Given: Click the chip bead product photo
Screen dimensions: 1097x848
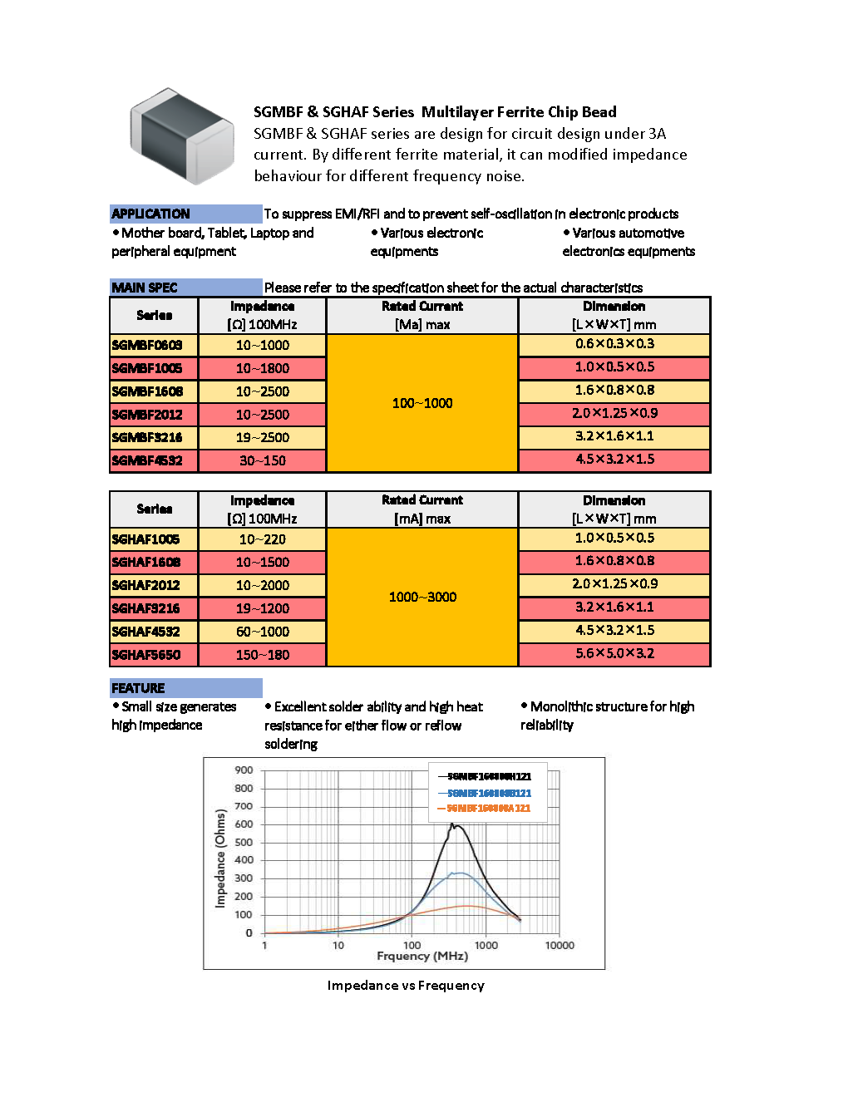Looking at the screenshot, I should tap(181, 135).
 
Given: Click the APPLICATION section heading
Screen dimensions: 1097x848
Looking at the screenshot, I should tap(150, 214).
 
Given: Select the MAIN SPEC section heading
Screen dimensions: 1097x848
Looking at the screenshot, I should tap(145, 288).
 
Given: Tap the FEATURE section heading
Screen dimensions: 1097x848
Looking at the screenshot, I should tap(138, 688).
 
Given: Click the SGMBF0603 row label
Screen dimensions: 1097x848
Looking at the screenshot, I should tap(147, 345).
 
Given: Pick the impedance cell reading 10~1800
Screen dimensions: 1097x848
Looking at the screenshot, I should tap(263, 368).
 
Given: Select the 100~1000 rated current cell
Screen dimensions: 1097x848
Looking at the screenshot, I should tap(422, 403).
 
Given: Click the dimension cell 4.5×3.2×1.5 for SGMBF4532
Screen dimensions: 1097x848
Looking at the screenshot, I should tap(614, 460).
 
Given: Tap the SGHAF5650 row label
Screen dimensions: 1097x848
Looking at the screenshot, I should tap(146, 655).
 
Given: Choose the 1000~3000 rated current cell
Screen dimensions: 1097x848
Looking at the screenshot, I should tap(422, 597).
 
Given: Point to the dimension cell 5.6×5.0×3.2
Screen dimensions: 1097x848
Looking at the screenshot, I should tap(614, 654).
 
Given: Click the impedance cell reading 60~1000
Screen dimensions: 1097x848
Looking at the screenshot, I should tap(263, 632).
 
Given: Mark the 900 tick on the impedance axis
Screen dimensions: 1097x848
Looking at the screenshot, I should tap(244, 770).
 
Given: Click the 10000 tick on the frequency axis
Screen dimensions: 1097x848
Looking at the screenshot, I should tap(560, 946).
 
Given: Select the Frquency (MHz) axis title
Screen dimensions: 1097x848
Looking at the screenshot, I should tap(422, 957).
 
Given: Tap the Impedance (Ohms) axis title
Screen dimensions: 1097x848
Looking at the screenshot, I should tap(220, 858).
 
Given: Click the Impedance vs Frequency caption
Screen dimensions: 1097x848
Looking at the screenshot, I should tap(406, 986).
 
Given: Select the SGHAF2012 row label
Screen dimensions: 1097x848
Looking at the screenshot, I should tap(146, 585).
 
